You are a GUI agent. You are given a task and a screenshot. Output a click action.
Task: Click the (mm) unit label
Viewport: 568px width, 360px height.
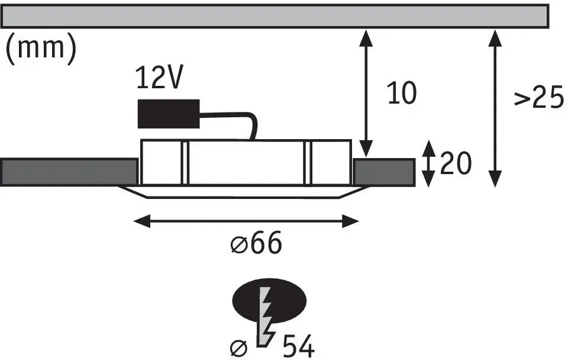click(41, 49)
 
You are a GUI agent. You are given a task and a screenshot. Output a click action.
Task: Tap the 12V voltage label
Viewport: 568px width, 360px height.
click(159, 78)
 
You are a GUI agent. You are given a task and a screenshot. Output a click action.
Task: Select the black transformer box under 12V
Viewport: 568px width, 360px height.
click(169, 114)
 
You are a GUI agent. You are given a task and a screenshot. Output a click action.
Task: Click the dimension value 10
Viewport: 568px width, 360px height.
click(402, 93)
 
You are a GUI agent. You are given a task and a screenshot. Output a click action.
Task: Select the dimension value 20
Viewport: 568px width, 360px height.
click(456, 163)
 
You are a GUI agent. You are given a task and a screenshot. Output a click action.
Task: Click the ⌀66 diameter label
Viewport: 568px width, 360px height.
click(256, 243)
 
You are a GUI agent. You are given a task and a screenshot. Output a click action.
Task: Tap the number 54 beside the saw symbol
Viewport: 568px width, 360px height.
click(298, 346)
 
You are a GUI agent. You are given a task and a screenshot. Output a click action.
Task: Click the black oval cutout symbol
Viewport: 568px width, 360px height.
click(269, 301)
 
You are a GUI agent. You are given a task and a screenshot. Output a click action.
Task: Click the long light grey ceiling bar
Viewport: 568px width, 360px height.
click(275, 16)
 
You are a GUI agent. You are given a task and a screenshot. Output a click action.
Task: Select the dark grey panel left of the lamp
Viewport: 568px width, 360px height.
click(69, 172)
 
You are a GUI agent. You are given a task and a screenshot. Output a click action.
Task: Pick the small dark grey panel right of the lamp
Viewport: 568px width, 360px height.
click(384, 172)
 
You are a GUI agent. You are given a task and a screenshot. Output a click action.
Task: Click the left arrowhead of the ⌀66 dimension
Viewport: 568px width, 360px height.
click(142, 221)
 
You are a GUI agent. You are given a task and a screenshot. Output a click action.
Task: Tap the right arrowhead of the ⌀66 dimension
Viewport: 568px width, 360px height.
click(350, 221)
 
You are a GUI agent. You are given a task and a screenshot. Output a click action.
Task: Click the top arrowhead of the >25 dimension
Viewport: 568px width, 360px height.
click(495, 38)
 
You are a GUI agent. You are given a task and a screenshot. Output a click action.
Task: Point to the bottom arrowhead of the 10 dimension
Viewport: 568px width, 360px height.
click(366, 149)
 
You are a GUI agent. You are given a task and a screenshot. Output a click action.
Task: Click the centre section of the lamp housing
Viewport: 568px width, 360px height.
click(246, 162)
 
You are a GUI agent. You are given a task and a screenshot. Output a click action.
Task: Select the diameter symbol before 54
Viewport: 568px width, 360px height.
click(238, 348)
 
